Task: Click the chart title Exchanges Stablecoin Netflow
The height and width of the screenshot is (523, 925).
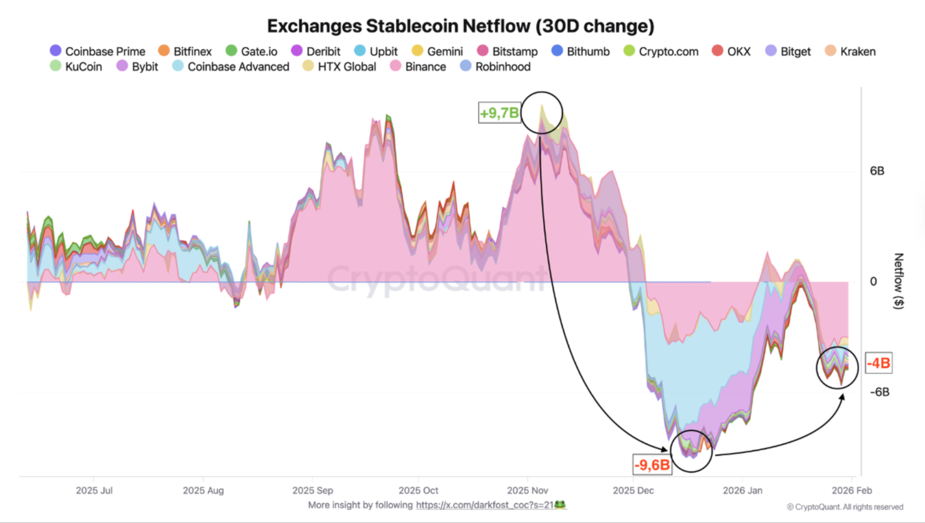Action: pyautogui.click(x=461, y=26)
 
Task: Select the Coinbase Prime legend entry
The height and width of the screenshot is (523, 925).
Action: pyautogui.click(x=98, y=51)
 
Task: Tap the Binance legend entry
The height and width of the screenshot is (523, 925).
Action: pyautogui.click(x=418, y=67)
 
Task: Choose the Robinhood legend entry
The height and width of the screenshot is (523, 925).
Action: pyautogui.click(x=496, y=67)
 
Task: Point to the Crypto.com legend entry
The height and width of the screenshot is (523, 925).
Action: pyautogui.click(x=661, y=51)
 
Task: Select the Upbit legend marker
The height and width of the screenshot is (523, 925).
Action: pyautogui.click(x=359, y=51)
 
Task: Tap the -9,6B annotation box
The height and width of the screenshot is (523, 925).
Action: pyautogui.click(x=652, y=465)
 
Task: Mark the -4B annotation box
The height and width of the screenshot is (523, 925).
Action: pyautogui.click(x=878, y=363)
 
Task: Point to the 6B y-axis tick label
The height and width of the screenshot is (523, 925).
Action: pyautogui.click(x=877, y=171)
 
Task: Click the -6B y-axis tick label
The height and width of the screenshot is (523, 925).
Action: pyautogui.click(x=879, y=392)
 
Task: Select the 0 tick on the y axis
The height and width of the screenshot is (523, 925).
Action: pyautogui.click(x=873, y=282)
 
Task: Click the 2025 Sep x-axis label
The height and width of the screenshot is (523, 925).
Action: pyautogui.click(x=312, y=490)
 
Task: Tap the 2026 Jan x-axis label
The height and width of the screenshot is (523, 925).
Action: pyautogui.click(x=742, y=490)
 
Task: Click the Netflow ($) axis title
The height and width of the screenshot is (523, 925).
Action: pyautogui.click(x=898, y=281)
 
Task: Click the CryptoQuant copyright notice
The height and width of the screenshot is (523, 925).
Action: pyautogui.click(x=845, y=507)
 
